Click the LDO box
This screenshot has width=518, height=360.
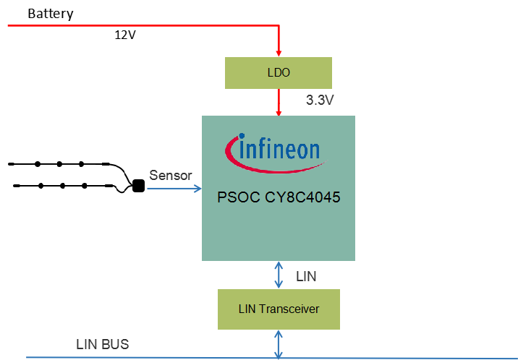(x=279, y=73)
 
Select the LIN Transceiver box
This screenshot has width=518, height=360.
(x=279, y=309)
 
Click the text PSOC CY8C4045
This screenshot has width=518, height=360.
(x=279, y=197)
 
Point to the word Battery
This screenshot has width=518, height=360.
(x=50, y=14)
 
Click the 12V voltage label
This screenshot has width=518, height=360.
(x=125, y=35)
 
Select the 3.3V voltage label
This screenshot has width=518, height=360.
(x=320, y=100)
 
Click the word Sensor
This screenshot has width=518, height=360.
(x=171, y=176)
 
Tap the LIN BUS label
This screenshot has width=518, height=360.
(x=102, y=344)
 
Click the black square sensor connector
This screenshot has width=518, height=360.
(x=137, y=187)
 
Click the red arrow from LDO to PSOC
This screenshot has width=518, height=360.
(x=279, y=102)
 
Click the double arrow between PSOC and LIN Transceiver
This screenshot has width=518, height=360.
(x=279, y=275)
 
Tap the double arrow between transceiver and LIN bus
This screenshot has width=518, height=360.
(x=279, y=343)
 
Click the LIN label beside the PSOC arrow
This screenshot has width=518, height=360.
(x=306, y=275)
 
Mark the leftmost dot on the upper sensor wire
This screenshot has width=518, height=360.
(x=37, y=164)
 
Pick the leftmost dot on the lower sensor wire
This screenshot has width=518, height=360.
(x=40, y=186)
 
